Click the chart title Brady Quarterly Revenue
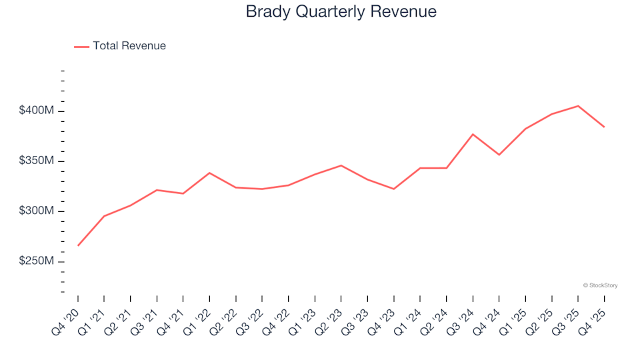point(341,12)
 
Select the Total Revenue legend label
point(129,46)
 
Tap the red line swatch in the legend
point(81,47)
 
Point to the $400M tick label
point(36,110)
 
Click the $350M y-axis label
point(36,161)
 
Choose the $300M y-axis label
point(36,211)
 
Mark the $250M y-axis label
point(36,261)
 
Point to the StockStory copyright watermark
point(600,285)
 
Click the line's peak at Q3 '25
point(578,106)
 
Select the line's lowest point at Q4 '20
point(78,245)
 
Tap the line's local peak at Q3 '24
point(473,134)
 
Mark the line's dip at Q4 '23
point(394,189)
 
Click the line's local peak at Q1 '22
point(209,173)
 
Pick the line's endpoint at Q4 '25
point(604,127)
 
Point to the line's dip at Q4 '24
point(499,155)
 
